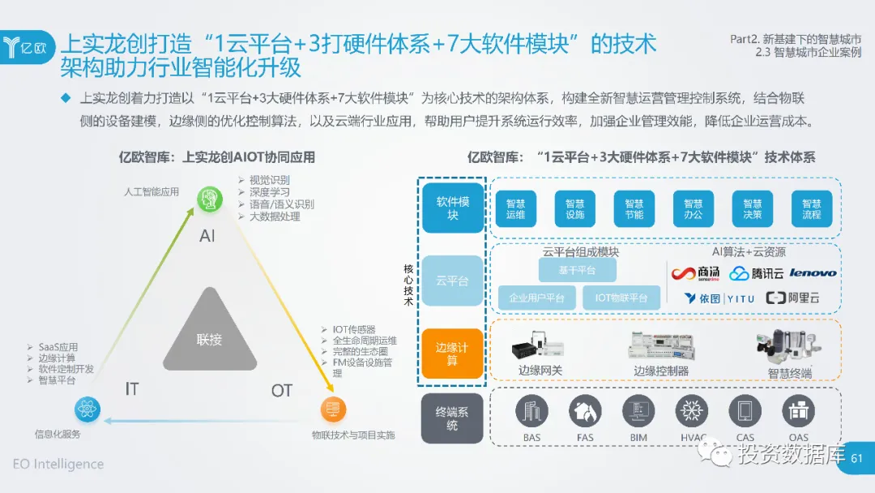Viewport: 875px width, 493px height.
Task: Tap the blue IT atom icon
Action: [87, 410]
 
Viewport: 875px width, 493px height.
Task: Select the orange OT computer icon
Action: [331, 410]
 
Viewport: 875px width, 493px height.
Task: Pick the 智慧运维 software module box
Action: [516, 209]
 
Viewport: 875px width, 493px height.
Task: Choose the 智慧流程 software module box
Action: [811, 209]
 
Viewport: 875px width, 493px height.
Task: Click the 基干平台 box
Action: [577, 270]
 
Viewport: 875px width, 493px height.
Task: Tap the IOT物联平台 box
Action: [621, 298]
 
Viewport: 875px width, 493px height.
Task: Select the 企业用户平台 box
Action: [536, 298]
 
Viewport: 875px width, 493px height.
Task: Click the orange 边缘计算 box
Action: [452, 354]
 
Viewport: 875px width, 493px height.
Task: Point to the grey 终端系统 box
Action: [452, 418]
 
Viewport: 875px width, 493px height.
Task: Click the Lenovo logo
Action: [813, 273]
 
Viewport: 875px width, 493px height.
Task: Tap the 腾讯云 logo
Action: [757, 273]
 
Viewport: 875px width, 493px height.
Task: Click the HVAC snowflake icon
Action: [693, 412]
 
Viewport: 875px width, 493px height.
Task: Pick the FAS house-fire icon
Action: [585, 412]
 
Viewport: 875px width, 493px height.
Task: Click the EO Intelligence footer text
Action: [58, 465]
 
